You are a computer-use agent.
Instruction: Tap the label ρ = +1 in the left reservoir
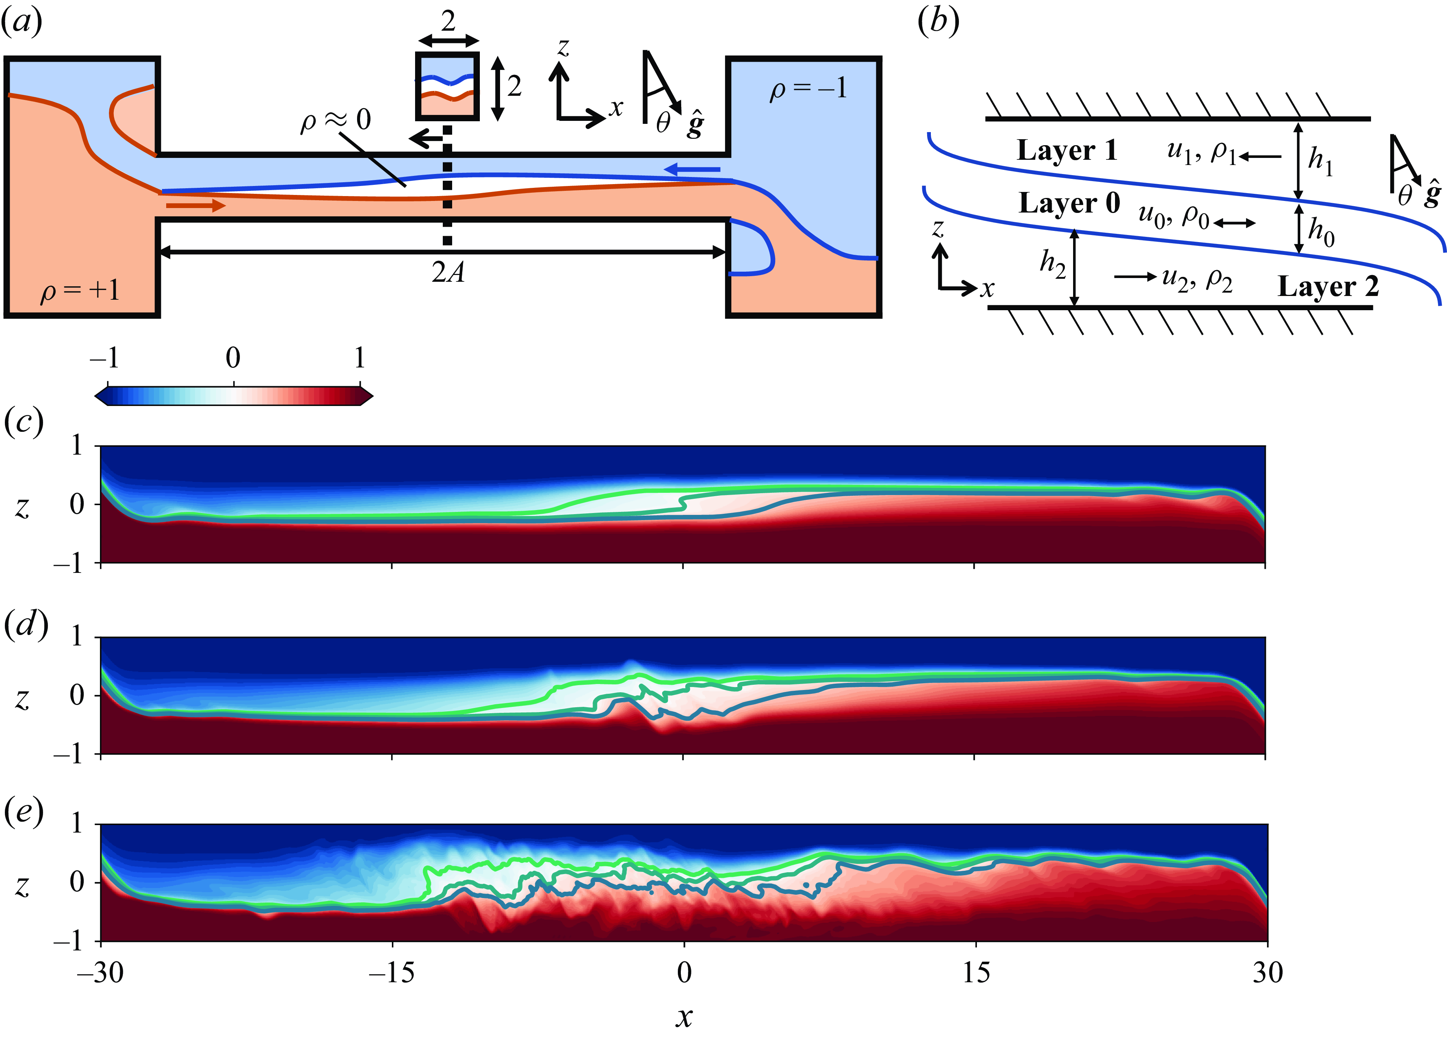(x=80, y=291)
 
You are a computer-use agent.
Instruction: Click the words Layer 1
(x=1067, y=150)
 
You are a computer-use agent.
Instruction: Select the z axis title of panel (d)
(x=22, y=699)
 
